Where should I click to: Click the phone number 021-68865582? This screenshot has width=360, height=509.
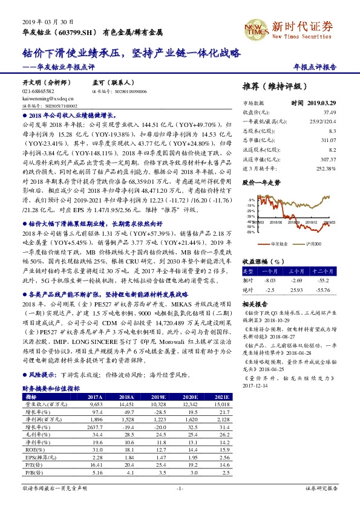pyautogui.click(x=38, y=91)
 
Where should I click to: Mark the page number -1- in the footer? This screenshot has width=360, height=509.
pyautogui.click(x=180, y=488)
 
